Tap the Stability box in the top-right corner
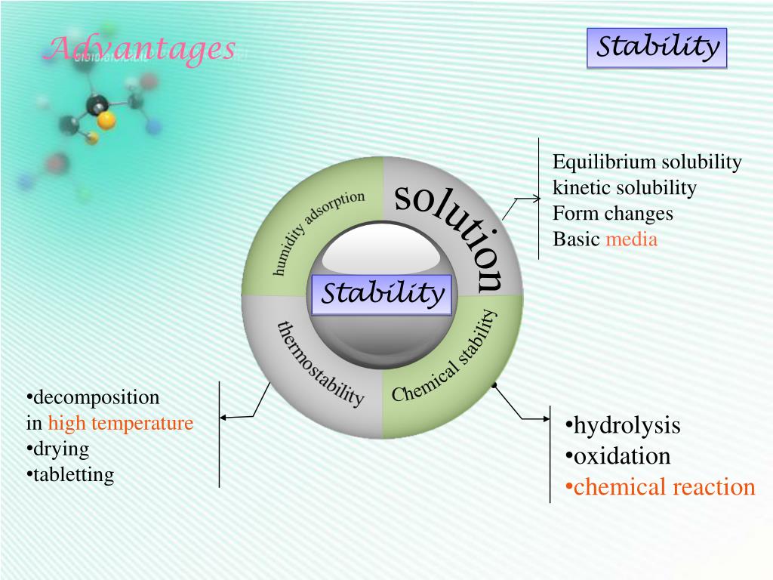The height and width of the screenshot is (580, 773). (x=657, y=48)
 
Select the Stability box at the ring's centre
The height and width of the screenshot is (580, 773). (x=382, y=294)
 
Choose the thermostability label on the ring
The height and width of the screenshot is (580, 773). (x=321, y=363)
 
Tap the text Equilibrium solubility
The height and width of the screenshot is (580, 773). (x=647, y=162)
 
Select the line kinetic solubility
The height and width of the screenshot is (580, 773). (x=624, y=188)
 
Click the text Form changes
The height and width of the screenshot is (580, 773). (x=612, y=214)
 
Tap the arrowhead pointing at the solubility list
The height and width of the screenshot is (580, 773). (x=536, y=199)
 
